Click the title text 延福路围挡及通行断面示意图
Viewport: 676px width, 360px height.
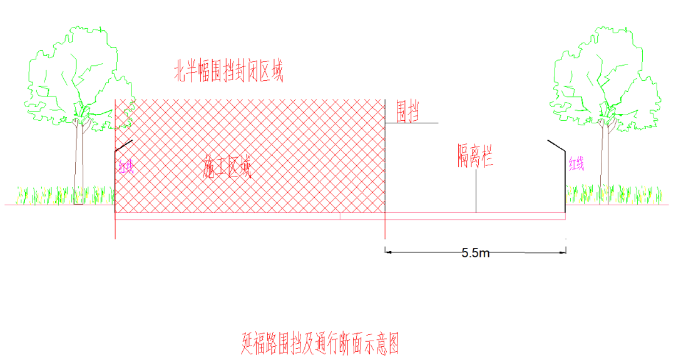pyautogui.click(x=320, y=343)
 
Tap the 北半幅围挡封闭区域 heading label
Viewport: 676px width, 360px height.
pyautogui.click(x=228, y=73)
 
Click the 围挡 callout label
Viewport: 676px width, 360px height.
pyautogui.click(x=407, y=113)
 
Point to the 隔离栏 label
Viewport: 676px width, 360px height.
pyautogui.click(x=474, y=155)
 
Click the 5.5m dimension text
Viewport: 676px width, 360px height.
pyautogui.click(x=476, y=253)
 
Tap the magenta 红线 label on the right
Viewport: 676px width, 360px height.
pyautogui.click(x=576, y=165)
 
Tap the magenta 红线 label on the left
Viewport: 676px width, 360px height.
pyautogui.click(x=126, y=167)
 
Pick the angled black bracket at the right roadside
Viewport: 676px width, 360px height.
pyautogui.click(x=558, y=147)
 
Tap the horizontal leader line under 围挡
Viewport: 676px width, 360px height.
pyautogui.click(x=411, y=123)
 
